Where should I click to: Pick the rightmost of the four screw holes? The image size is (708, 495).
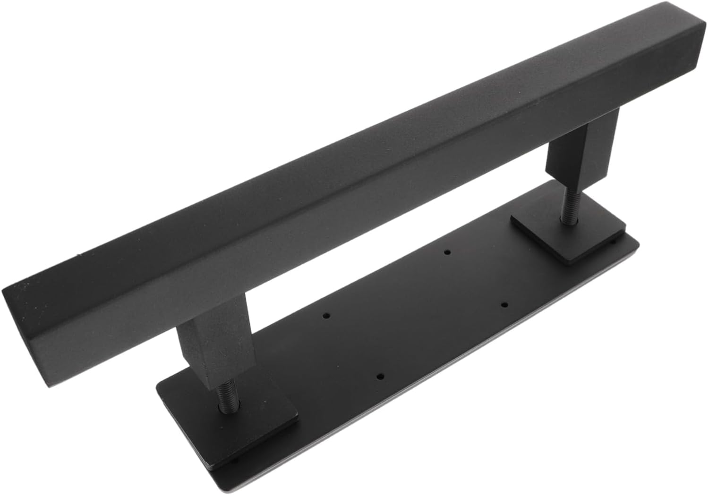[503, 304]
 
